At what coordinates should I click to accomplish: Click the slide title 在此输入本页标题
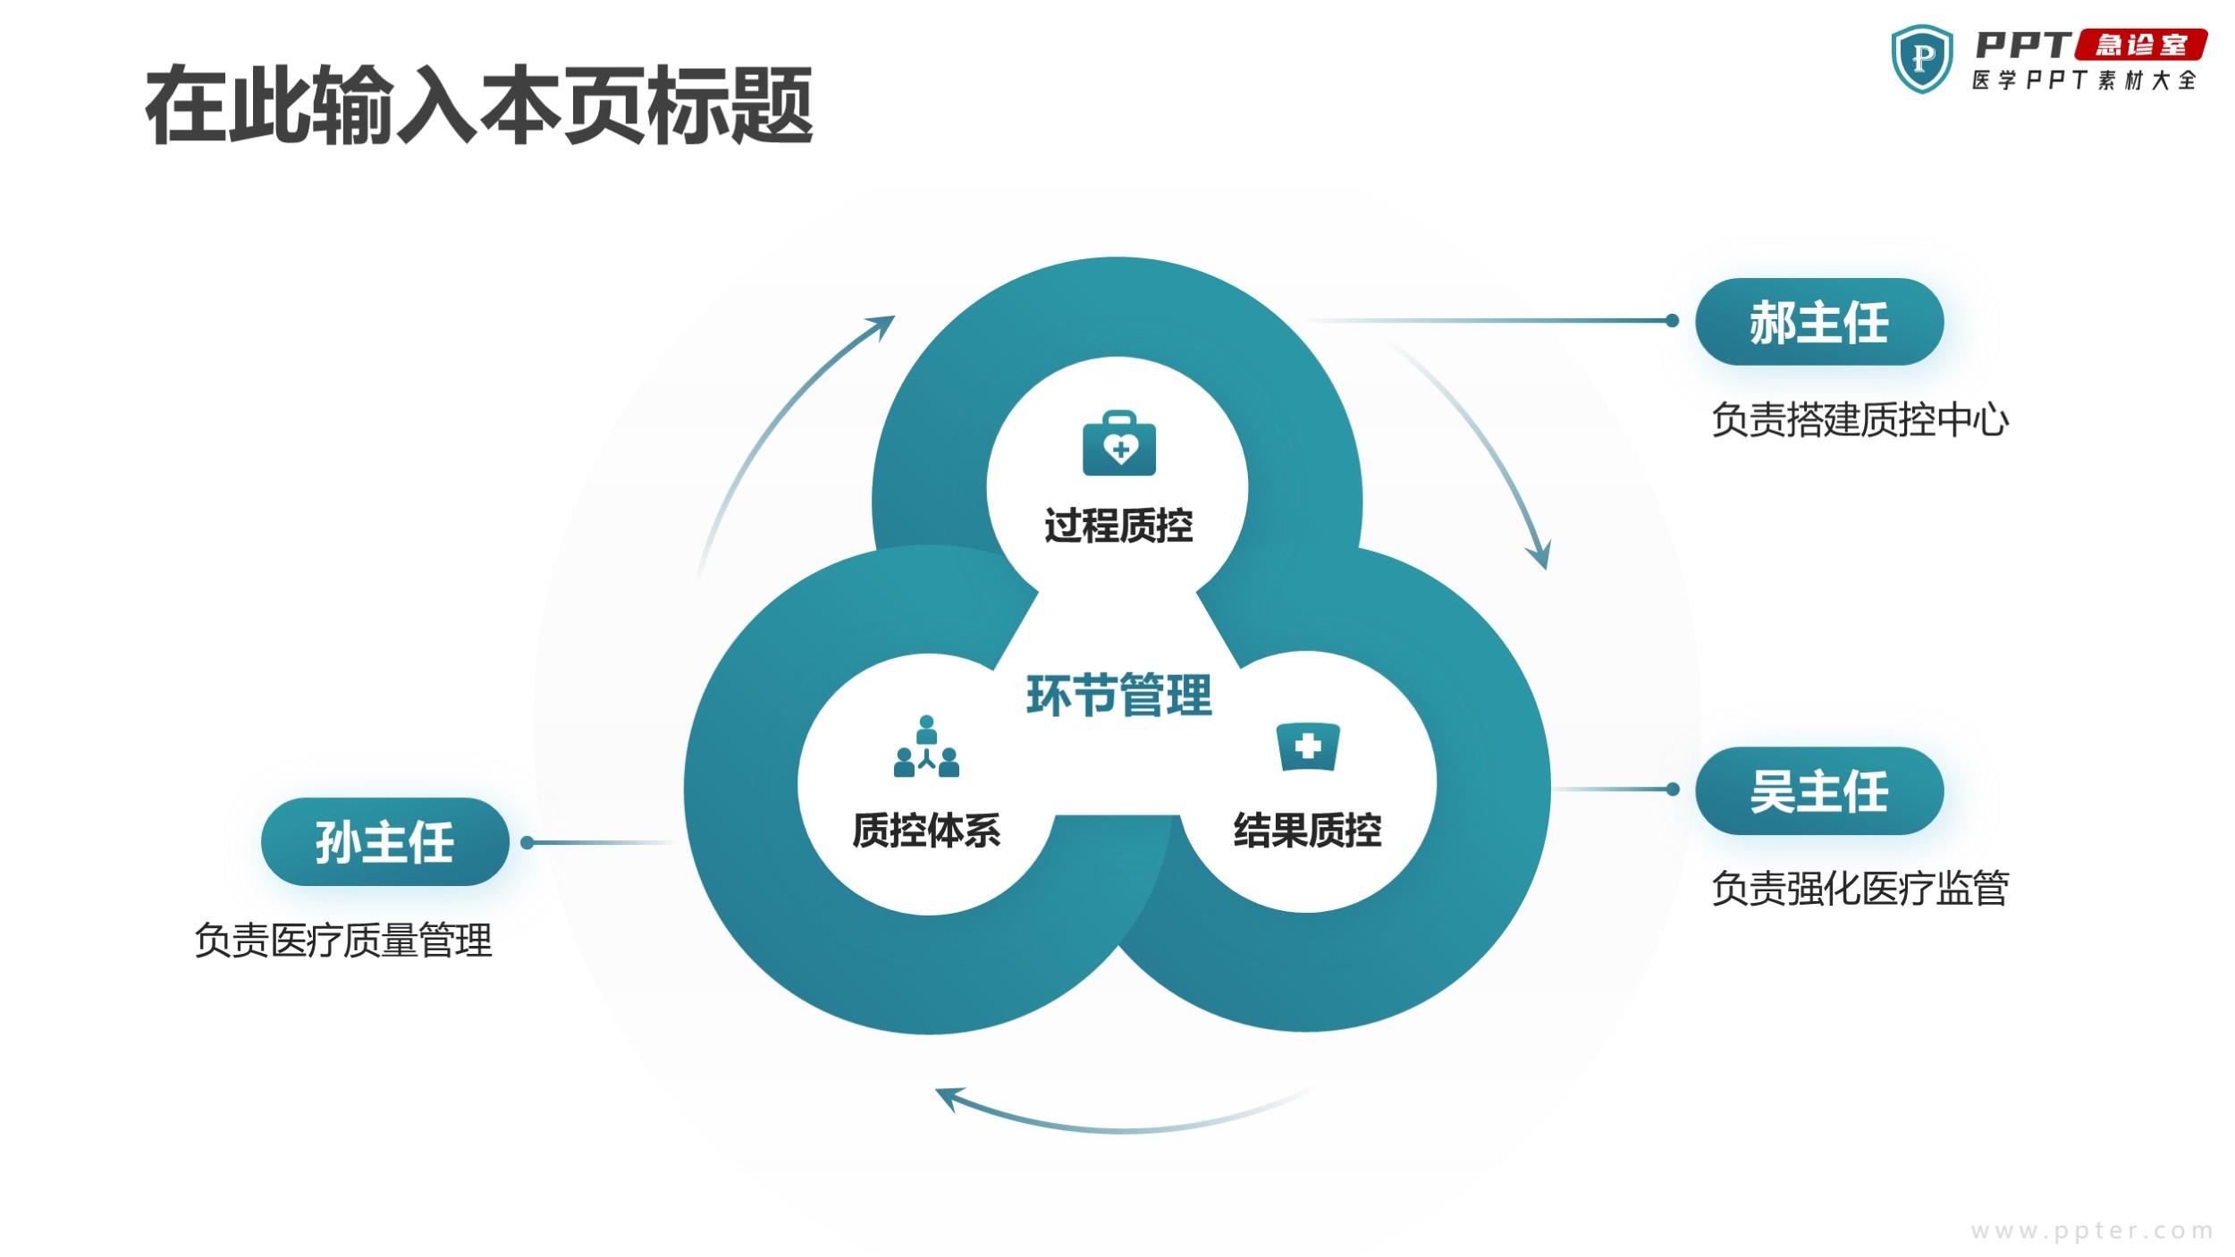[479, 105]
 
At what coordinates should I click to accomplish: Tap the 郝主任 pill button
[1819, 322]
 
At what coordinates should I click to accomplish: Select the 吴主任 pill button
[1819, 791]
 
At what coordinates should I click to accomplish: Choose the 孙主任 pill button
[385, 842]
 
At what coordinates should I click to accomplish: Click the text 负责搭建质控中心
[1860, 419]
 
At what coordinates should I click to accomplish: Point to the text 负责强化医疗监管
[1860, 889]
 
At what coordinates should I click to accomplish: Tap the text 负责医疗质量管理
[343, 941]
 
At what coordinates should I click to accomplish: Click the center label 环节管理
[1118, 696]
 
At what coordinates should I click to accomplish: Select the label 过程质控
[1118, 526]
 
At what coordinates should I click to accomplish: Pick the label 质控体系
[926, 831]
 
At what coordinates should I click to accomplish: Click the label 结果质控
[1307, 831]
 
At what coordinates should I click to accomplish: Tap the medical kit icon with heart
[1118, 443]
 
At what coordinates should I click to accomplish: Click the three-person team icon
[926, 747]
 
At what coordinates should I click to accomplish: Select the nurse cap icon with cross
[1307, 747]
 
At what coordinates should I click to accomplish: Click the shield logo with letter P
[1922, 59]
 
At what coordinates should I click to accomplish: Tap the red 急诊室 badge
[2142, 45]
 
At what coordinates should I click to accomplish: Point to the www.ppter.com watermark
[2092, 1231]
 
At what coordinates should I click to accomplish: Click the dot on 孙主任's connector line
[527, 842]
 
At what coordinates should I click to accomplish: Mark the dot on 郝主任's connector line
[1672, 321]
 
